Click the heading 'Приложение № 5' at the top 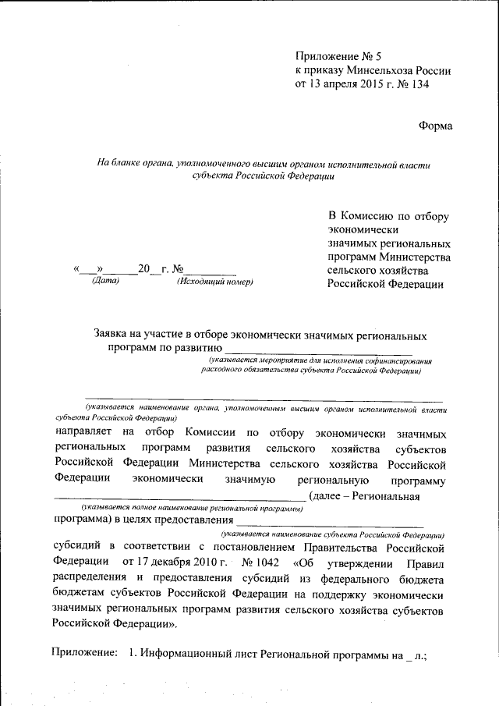pyautogui.click(x=338, y=57)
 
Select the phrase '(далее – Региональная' pyautogui.click(x=365, y=495)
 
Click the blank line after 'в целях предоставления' pyautogui.click(x=331, y=520)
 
